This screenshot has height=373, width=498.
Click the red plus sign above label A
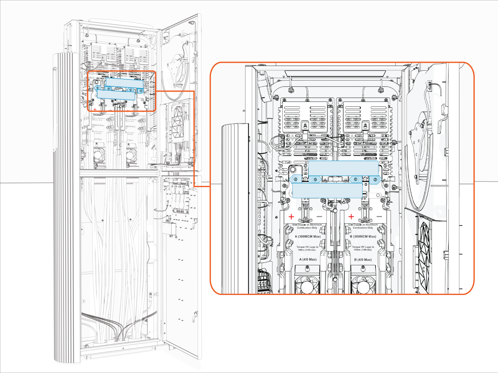pos(291,217)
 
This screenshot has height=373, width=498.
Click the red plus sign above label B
pos(351,217)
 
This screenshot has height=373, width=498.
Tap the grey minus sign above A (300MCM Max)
pos(319,217)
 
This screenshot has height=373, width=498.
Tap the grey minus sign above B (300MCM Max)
pos(379,217)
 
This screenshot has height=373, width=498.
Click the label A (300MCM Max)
pos(308,237)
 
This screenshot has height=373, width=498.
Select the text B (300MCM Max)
pos(363,237)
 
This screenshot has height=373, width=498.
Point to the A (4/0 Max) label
pos(308,259)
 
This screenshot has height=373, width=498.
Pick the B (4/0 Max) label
pos(363,260)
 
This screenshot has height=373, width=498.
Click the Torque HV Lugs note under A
pos(307,248)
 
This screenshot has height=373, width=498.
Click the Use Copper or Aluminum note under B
pos(363,226)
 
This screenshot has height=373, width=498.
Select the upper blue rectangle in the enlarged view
pos(343,168)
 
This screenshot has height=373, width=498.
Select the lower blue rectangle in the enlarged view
pos(327,190)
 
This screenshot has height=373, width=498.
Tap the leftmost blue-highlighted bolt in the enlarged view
pos(296,179)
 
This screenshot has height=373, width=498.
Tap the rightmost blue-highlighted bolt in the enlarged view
pos(375,179)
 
